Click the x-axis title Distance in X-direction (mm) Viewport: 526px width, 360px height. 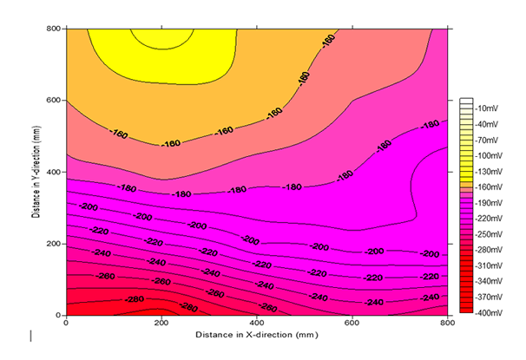(x=257, y=334)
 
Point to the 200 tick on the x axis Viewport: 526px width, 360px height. (x=162, y=323)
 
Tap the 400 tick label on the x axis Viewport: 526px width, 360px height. (x=257, y=323)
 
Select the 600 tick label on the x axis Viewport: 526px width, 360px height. (x=352, y=323)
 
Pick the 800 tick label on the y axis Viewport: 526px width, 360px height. (x=54, y=28)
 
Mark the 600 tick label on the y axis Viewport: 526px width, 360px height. (x=54, y=100)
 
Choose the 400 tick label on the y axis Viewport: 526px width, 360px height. (x=54, y=172)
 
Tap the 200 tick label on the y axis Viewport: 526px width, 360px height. (x=54, y=243)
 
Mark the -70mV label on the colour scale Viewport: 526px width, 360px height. (x=487, y=139)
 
